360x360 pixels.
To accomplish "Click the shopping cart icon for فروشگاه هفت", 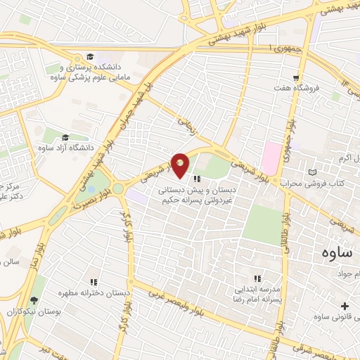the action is point(297,79).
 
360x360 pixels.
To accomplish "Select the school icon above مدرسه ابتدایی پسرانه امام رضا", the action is point(257,278).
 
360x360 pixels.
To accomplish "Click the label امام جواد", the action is point(349,273).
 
